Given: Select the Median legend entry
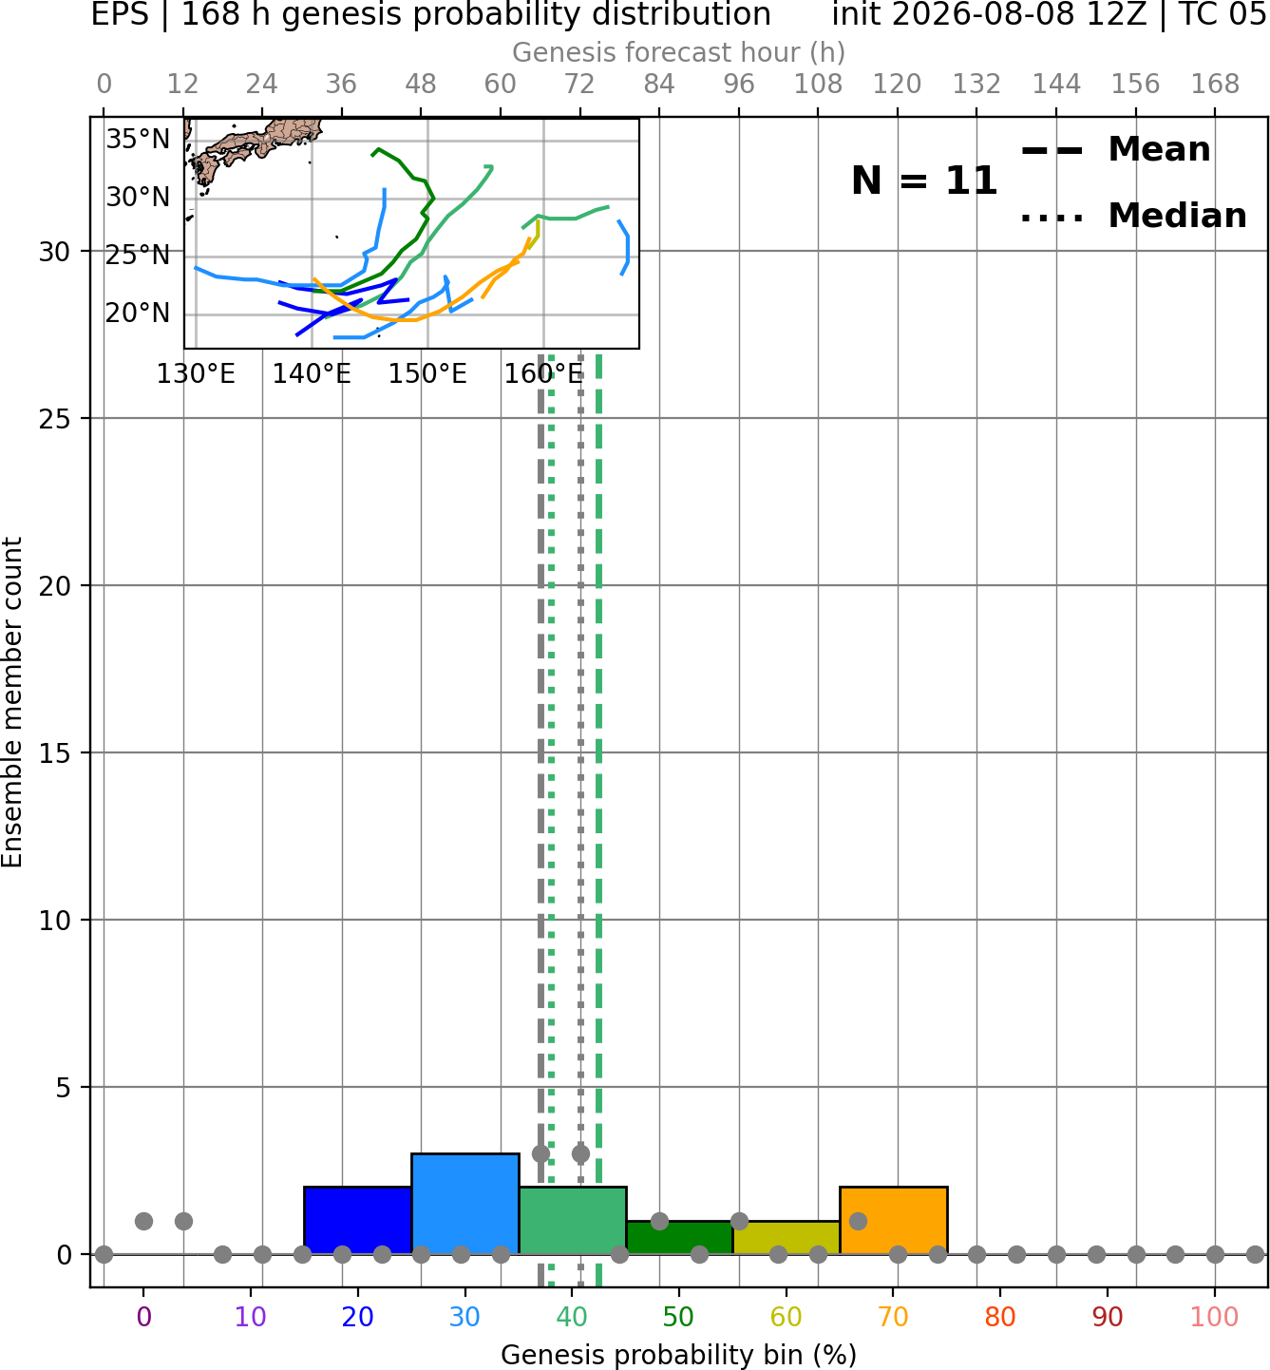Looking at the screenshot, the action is pyautogui.click(x=1133, y=216).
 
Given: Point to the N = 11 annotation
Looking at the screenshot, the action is pyautogui.click(x=924, y=181).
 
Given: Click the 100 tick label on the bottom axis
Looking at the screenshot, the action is pyautogui.click(x=1215, y=1317).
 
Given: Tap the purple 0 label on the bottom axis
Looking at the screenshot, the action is pyautogui.click(x=143, y=1317).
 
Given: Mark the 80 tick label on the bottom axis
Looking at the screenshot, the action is pyautogui.click(x=1000, y=1317).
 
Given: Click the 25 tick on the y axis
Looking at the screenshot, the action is pyautogui.click(x=55, y=419).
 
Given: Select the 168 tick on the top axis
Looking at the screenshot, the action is pyautogui.click(x=1215, y=85).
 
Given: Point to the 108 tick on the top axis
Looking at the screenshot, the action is pyautogui.click(x=818, y=85).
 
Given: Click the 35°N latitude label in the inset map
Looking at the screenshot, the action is pyautogui.click(x=138, y=140).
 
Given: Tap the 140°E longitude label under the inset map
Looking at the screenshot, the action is pyautogui.click(x=312, y=374).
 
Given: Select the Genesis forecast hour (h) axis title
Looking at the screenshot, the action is pyautogui.click(x=679, y=52).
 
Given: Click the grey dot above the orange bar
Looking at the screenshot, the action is pyautogui.click(x=858, y=1221).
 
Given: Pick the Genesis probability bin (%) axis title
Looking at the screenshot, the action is pyautogui.click(x=679, y=1355).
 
